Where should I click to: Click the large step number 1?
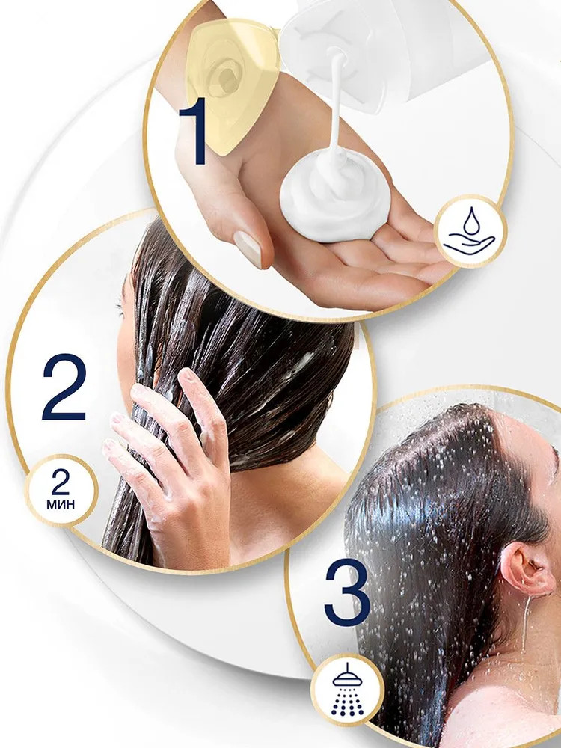click(x=194, y=131)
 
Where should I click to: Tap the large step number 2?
click(x=64, y=387)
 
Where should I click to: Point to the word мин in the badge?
click(x=61, y=504)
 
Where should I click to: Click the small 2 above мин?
click(x=61, y=485)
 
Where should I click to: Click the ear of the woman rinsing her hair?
click(x=526, y=570)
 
